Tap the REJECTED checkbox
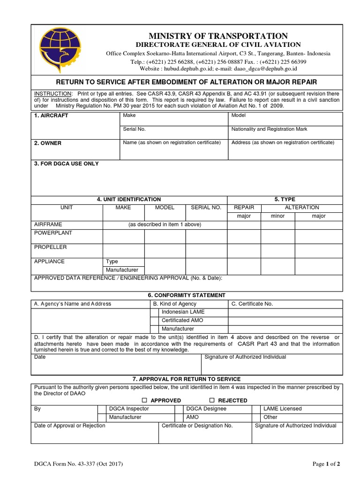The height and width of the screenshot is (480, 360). (x=212, y=400)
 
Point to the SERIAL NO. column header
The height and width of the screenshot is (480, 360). (x=206, y=207)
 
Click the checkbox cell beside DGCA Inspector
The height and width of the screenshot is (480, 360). (x=101, y=409)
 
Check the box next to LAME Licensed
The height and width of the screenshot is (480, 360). (x=256, y=409)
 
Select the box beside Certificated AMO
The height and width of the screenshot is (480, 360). (x=154, y=320)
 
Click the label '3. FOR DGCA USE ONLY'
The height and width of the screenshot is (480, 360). (x=67, y=164)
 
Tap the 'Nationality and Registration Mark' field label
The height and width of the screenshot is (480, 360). (x=269, y=129)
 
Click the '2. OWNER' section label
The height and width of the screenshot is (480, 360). (x=48, y=143)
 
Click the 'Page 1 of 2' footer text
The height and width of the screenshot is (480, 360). (x=326, y=464)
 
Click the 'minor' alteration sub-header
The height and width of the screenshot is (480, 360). (x=277, y=216)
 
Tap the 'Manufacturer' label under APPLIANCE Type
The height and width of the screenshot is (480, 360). (x=122, y=270)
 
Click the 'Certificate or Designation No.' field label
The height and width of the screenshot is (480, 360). (x=197, y=426)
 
